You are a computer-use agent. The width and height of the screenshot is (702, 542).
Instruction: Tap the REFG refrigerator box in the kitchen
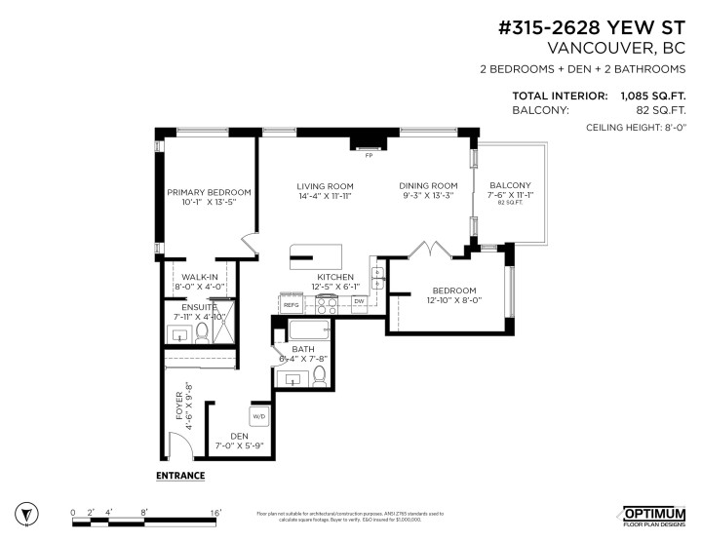point(291,305)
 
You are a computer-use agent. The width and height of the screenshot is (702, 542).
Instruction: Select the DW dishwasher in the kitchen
point(359,301)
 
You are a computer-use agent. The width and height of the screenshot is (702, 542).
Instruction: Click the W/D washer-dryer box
point(259,417)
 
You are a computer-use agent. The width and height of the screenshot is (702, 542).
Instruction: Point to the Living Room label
point(325,186)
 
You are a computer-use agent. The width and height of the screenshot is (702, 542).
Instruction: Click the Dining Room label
point(428,186)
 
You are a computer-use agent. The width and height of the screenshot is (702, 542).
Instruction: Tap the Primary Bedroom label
point(209,192)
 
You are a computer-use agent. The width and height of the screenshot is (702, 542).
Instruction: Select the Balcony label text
point(510,186)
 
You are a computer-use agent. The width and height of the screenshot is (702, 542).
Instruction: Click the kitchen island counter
point(315,256)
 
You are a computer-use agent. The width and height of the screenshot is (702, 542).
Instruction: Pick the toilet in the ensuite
point(203,333)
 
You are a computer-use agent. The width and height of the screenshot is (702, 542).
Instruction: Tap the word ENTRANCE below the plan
point(180,476)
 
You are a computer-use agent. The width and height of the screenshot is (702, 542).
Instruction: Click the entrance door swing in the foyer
point(177,449)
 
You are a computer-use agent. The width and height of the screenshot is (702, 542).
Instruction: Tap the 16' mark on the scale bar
point(215,512)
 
